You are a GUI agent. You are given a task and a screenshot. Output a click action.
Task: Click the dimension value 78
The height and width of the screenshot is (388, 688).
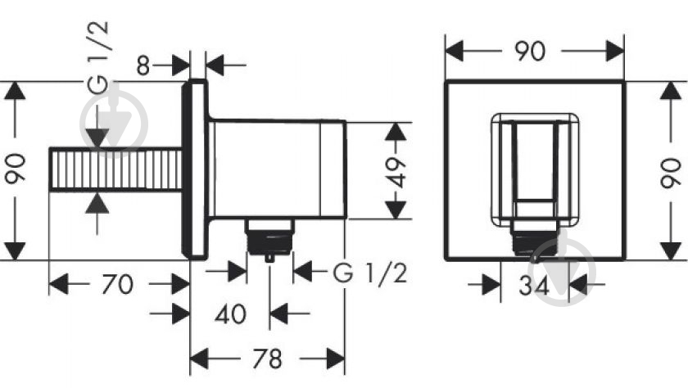(x=267, y=359)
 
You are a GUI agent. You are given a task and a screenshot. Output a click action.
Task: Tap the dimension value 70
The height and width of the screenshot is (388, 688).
(x=118, y=284)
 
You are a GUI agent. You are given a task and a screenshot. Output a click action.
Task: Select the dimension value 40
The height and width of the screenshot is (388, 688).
(x=230, y=314)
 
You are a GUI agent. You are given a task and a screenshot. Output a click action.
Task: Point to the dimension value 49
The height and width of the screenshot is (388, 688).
(x=396, y=172)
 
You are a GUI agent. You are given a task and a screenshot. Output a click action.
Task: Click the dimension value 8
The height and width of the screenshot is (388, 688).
(x=143, y=65)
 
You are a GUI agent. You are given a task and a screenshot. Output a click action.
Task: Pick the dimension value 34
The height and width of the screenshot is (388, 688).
(x=534, y=286)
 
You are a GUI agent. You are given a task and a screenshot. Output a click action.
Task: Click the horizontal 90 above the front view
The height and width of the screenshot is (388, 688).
(x=530, y=52)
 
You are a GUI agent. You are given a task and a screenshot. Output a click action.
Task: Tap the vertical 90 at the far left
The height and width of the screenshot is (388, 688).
(x=16, y=168)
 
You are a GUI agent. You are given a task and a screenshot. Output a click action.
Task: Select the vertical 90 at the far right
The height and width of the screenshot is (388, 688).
(x=671, y=173)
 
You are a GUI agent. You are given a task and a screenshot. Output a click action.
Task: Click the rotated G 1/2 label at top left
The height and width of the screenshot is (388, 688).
(x=97, y=57)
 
